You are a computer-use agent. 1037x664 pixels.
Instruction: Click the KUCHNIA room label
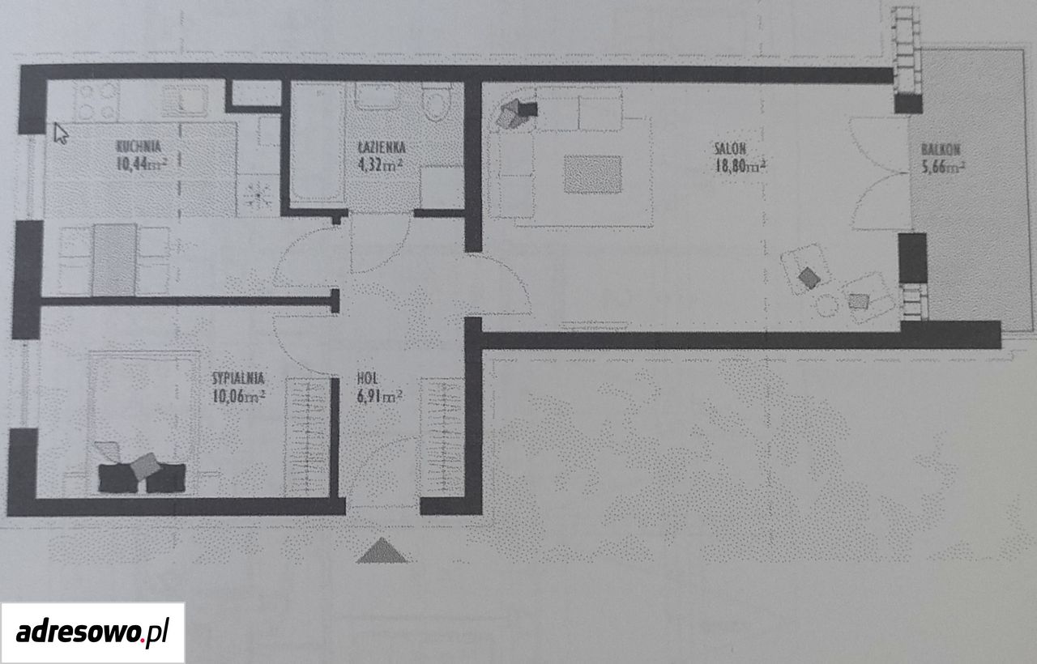point(139,147)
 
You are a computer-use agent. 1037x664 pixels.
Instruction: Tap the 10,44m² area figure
point(142,164)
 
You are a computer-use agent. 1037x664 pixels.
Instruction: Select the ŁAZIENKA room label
point(382,147)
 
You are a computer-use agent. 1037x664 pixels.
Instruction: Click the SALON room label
point(730,148)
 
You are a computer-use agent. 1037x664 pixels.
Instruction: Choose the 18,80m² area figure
point(739,166)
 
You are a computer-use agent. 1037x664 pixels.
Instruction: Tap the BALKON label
point(941,150)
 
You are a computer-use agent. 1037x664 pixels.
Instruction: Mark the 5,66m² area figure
point(943,166)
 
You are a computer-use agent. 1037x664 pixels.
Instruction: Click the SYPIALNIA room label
point(238,378)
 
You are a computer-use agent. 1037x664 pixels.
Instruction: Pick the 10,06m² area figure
point(238,396)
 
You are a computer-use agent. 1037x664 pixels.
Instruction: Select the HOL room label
point(368,378)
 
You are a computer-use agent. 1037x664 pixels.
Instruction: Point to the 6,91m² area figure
point(379,396)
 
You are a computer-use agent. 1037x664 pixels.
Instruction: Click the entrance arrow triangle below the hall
point(382,550)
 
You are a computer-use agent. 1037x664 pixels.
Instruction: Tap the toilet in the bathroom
point(437,102)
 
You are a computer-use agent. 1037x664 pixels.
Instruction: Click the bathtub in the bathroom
point(318,142)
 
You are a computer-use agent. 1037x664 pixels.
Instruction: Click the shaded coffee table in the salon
point(592,174)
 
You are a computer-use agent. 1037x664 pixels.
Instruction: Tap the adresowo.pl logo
point(92,632)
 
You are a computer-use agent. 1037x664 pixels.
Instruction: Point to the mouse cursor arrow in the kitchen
point(61,134)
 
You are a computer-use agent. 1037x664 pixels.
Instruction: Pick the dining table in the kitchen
point(115,259)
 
